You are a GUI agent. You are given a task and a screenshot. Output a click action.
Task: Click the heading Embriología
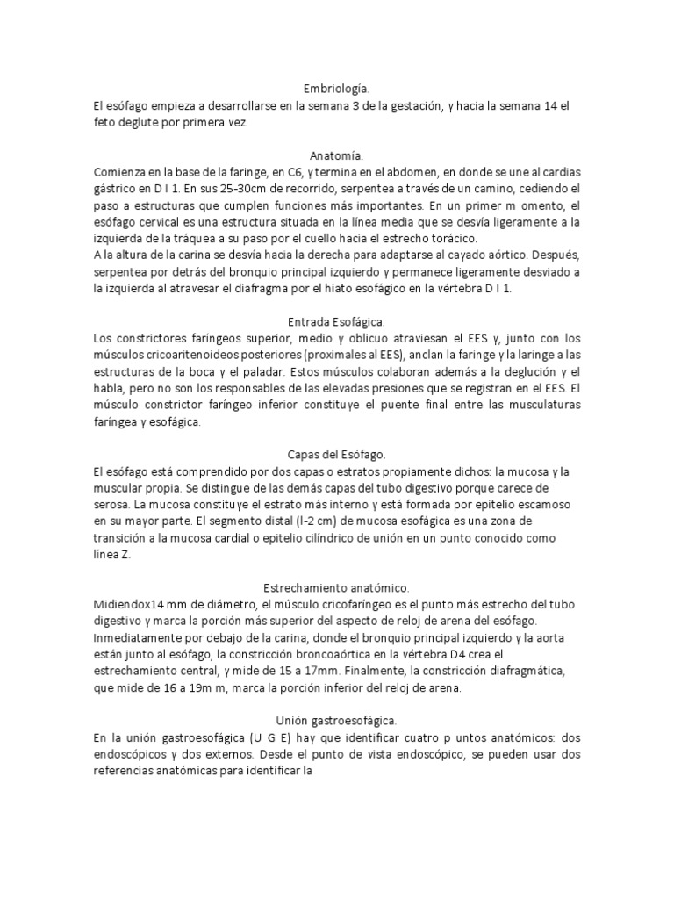click(x=337, y=89)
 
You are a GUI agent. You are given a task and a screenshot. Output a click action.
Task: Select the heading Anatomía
click(x=337, y=155)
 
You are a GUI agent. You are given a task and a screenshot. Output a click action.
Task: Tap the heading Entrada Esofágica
click(x=337, y=322)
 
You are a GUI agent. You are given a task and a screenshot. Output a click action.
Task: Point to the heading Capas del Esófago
click(x=337, y=454)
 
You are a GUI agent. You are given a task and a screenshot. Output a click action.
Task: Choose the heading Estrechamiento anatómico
click(x=337, y=586)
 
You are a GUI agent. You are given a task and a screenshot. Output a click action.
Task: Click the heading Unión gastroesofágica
click(x=337, y=719)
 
